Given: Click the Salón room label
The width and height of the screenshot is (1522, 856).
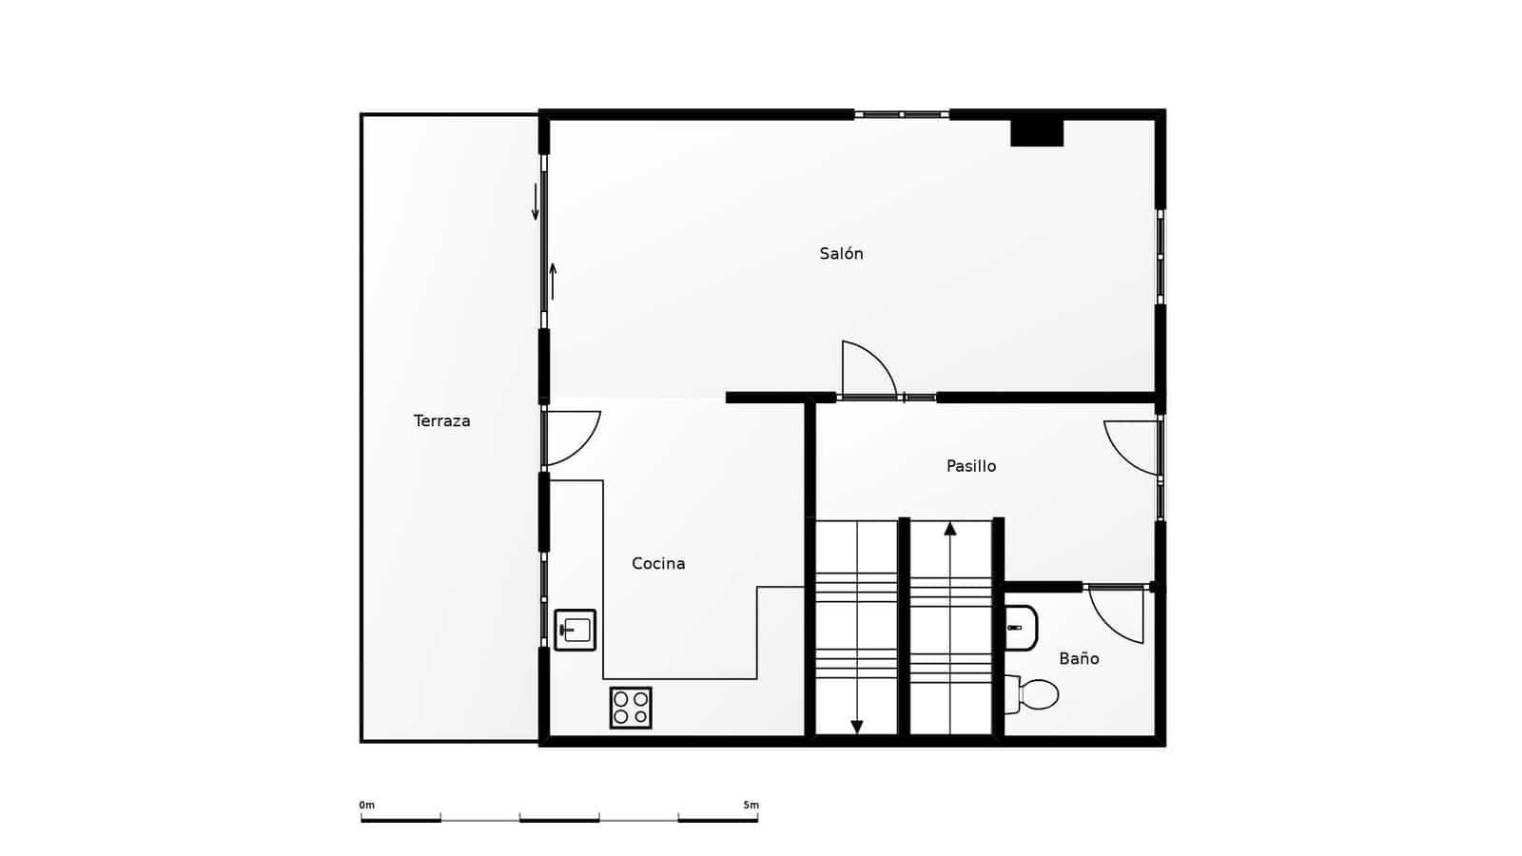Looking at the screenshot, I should (841, 254).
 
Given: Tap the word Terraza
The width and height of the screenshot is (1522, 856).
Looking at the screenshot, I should (441, 421).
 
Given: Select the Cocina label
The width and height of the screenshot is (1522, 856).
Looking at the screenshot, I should (658, 564).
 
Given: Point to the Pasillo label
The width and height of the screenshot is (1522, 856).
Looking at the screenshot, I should (970, 466).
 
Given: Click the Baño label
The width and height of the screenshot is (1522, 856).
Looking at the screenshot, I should (1079, 659).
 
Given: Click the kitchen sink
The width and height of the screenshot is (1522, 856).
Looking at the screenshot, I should (576, 630).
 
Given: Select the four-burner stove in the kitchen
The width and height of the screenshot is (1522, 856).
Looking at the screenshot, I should (631, 708).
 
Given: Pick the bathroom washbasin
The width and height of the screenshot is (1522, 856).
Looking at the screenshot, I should (1020, 628).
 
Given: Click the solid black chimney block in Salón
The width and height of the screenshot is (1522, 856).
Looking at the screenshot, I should (1037, 132).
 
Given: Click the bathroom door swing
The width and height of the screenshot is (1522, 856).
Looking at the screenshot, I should (1116, 614).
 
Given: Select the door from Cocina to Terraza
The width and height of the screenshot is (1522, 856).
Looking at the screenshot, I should (571, 438).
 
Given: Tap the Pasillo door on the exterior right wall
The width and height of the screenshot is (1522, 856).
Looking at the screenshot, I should (1133, 447).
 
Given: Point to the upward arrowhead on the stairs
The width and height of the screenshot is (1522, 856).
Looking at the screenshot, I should (950, 528).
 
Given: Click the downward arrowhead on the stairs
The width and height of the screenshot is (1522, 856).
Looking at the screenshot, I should (857, 728).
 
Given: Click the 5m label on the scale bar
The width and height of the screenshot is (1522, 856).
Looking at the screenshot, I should (751, 806).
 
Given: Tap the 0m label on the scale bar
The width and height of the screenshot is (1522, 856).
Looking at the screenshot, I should (366, 806).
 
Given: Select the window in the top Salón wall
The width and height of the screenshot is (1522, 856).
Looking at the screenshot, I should (901, 114).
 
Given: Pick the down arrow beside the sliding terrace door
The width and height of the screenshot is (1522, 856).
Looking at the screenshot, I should (536, 202).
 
